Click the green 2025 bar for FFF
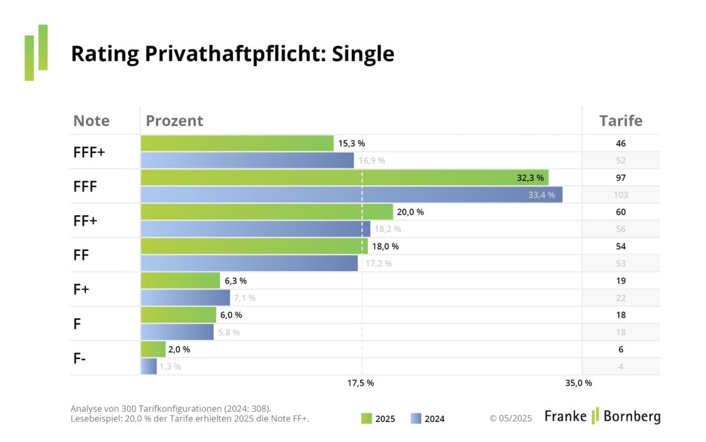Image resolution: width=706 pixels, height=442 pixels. (x=344, y=177)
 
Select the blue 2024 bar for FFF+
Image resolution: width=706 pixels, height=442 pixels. (x=247, y=161)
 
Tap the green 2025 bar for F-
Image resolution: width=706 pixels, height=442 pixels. (x=153, y=349)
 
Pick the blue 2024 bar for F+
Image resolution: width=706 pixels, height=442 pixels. (x=185, y=297)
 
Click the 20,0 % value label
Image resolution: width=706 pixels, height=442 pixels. (x=410, y=212)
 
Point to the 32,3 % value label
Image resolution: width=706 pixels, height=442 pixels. (x=530, y=178)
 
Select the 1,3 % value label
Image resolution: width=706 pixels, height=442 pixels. (x=170, y=366)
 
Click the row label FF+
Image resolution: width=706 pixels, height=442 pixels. (x=85, y=220)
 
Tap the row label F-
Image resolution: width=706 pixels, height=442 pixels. (x=80, y=358)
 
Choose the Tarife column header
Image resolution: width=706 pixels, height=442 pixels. (x=620, y=121)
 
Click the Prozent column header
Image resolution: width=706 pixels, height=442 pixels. (x=174, y=121)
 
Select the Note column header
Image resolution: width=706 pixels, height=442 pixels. (x=91, y=121)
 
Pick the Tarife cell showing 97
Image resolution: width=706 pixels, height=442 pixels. (x=620, y=178)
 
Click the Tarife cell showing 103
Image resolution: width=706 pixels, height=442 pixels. (x=620, y=195)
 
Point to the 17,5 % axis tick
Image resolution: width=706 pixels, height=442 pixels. (x=361, y=383)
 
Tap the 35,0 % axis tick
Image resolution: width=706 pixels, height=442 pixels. (x=578, y=383)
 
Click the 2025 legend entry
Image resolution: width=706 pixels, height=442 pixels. (x=378, y=419)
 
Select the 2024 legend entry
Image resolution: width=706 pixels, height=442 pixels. (x=427, y=419)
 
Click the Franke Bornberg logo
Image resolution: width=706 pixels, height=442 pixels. (x=602, y=416)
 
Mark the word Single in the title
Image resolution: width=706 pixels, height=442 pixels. (x=363, y=54)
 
